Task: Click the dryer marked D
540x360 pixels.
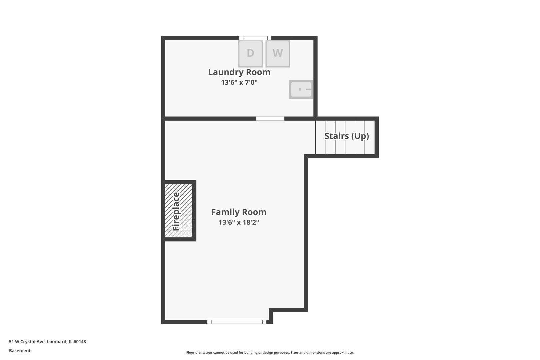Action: click(x=250, y=54)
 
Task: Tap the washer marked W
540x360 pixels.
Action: click(x=278, y=54)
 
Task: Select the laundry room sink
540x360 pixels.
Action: click(x=301, y=89)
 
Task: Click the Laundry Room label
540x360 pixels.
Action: click(x=239, y=72)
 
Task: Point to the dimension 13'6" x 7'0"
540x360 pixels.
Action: click(x=239, y=82)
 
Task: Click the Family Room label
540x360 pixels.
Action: click(x=239, y=212)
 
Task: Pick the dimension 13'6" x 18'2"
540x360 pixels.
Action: click(x=239, y=222)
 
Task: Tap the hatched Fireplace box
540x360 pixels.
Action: click(x=179, y=211)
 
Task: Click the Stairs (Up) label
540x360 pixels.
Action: click(x=347, y=136)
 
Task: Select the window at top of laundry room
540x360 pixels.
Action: click(x=255, y=38)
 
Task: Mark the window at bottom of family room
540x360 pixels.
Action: click(x=237, y=322)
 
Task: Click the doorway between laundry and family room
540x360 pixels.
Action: click(x=270, y=119)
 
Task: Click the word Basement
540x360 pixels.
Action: click(x=20, y=351)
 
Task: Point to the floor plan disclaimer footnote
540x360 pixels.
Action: click(x=270, y=353)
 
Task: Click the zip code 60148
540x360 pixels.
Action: click(x=80, y=341)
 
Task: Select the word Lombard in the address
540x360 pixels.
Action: click(x=57, y=341)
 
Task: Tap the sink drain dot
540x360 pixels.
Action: click(x=300, y=89)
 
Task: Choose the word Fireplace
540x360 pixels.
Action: click(x=176, y=211)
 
